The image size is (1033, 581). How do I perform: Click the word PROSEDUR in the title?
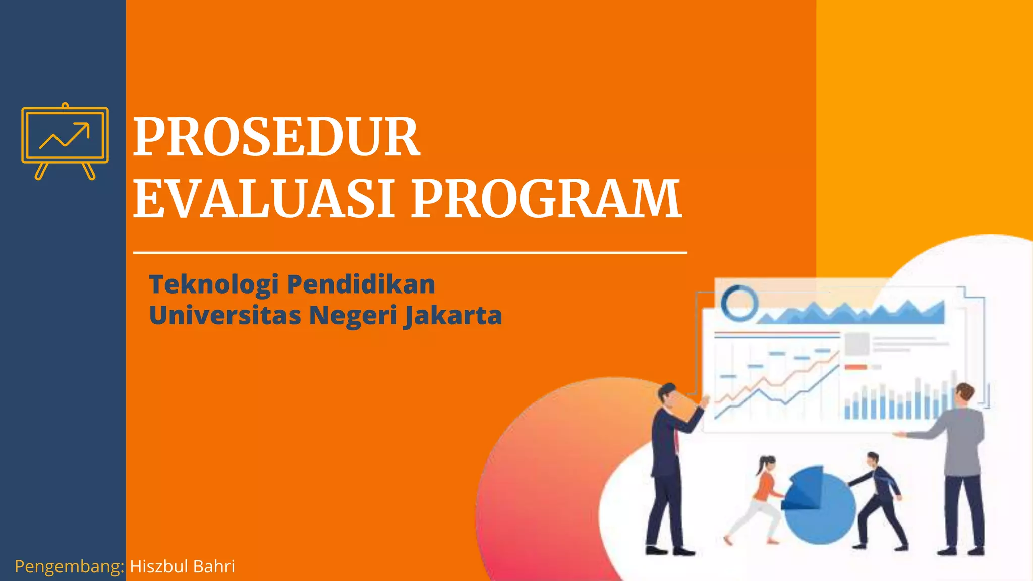[x=276, y=137]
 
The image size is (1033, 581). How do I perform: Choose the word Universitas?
[x=224, y=315]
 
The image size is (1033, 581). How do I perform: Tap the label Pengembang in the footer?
[x=69, y=567]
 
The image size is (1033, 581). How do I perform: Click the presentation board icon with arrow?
[x=65, y=141]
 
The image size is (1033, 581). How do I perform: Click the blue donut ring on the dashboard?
[x=739, y=302]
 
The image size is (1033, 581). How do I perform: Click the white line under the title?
[x=410, y=252]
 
